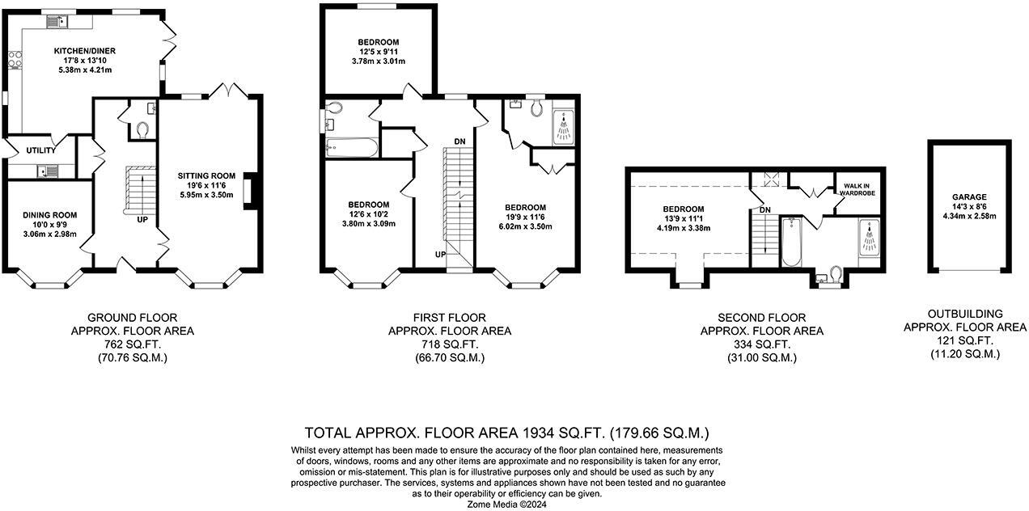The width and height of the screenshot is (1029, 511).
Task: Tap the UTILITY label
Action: [x=40, y=150]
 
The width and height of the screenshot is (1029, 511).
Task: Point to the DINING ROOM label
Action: [x=49, y=215]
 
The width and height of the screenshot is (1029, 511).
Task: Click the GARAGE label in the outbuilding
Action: [x=969, y=196]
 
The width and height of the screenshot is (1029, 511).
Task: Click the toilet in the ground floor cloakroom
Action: [x=144, y=129]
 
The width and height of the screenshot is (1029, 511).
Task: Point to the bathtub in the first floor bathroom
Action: [x=349, y=146]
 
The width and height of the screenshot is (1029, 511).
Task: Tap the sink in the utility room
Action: [x=47, y=171]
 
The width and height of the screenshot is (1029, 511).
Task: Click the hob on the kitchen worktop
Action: [x=15, y=58]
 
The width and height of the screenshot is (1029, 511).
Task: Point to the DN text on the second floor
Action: [x=765, y=210]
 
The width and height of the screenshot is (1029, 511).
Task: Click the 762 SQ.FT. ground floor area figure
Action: [x=132, y=344]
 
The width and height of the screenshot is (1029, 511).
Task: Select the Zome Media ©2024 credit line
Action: [x=507, y=504]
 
